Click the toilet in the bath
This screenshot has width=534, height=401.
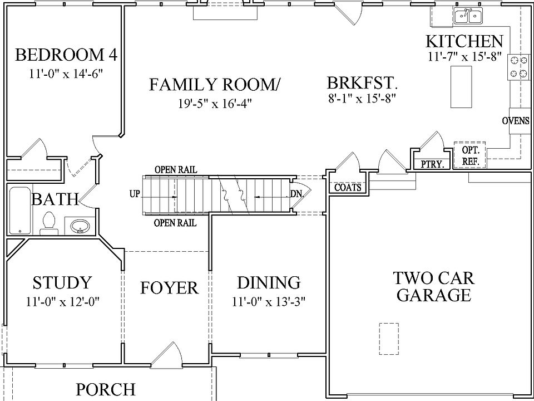click(49, 223)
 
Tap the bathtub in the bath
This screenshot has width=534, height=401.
click(20, 209)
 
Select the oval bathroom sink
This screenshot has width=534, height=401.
click(80, 226)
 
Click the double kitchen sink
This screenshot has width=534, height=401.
click(468, 16)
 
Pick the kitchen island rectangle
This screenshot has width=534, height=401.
click(461, 87)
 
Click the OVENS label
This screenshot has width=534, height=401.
click(516, 121)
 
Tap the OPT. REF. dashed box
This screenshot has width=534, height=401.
click(469, 155)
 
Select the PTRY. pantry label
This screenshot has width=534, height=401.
click(433, 164)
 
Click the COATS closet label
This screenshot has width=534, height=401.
click(347, 187)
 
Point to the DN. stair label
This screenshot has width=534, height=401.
click(296, 194)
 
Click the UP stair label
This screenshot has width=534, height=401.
click(135, 194)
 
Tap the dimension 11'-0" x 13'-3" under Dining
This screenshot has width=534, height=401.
click(269, 302)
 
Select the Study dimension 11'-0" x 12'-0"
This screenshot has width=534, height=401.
click(62, 302)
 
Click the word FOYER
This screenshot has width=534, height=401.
click(169, 288)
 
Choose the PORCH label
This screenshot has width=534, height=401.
click(106, 389)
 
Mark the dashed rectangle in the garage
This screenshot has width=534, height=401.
click(389, 339)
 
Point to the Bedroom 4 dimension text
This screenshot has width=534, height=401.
click(66, 74)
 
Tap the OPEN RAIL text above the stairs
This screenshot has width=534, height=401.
click(176, 169)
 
